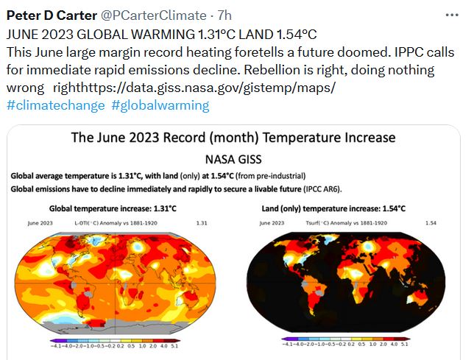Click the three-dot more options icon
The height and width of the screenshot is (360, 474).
[451, 15]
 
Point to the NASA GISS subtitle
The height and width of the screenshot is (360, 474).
[233, 158]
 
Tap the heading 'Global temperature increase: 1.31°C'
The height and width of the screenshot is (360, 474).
[113, 208]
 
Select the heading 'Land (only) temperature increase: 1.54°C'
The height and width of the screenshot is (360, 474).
[334, 208]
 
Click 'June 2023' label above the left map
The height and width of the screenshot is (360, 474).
[40, 222]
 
